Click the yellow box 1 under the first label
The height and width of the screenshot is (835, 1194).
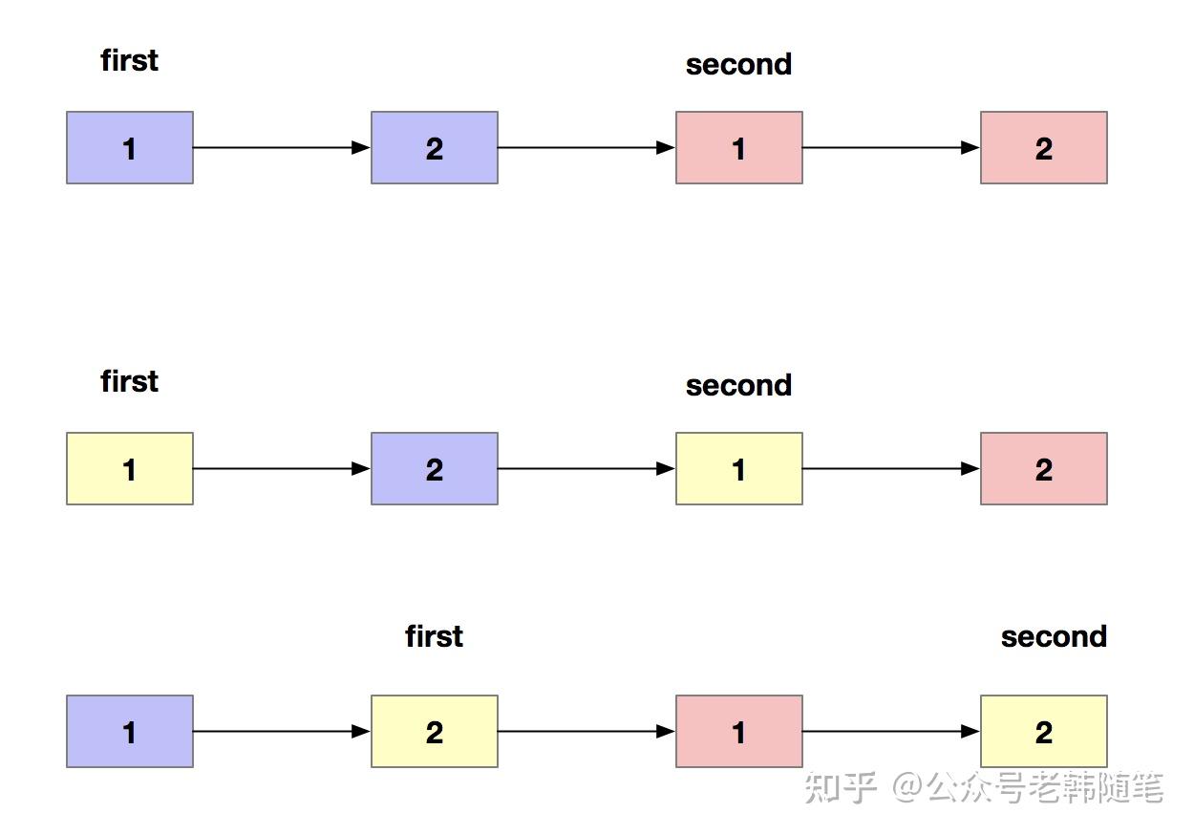(130, 468)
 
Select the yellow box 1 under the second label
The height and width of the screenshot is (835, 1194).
(738, 468)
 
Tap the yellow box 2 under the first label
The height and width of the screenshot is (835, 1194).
(434, 731)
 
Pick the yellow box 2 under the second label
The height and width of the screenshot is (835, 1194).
(1043, 731)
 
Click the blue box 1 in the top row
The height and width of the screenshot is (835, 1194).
(130, 147)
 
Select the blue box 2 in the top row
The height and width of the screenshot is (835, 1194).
(434, 147)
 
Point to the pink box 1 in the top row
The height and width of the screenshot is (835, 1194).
(738, 147)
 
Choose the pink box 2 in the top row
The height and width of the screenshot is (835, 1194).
(1043, 147)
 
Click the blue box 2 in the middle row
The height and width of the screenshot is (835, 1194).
(434, 468)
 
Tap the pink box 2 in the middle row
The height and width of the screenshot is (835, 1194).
(1043, 468)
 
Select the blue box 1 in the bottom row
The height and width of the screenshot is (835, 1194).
(130, 731)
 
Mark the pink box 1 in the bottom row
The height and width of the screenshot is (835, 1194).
(738, 731)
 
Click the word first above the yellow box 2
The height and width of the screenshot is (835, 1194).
(434, 636)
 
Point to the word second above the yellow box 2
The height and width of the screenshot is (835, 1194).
(1053, 637)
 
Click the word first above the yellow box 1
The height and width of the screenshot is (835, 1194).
(129, 381)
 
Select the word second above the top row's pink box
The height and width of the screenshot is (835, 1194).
(738, 65)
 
